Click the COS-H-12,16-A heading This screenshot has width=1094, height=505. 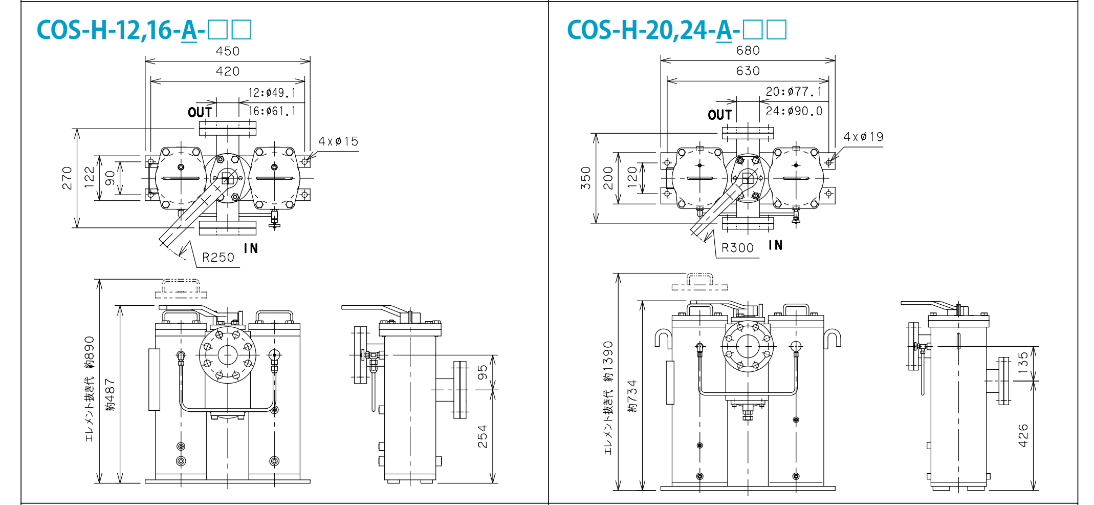[144, 30]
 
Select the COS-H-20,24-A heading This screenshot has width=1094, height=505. [676, 30]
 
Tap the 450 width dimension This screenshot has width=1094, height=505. [228, 51]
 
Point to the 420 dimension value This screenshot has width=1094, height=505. [228, 71]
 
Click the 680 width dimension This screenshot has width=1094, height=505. [748, 51]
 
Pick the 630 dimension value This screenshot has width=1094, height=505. [748, 71]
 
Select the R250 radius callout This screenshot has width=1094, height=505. [218, 257]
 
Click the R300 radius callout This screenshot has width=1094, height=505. [737, 248]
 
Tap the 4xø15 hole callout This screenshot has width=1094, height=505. [338, 141]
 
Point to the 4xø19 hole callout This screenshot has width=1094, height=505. [863, 137]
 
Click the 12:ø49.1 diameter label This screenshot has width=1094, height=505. [272, 93]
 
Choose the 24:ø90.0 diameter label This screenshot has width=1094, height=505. [794, 111]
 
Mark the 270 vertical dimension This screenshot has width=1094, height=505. [67, 178]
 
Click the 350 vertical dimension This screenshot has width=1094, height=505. [586, 178]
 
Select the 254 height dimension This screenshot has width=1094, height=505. [482, 436]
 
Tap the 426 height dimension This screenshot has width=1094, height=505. [1023, 435]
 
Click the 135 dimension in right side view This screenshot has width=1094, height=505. [1023, 363]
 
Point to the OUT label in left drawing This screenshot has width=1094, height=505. [200, 112]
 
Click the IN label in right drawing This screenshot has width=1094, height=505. [776, 245]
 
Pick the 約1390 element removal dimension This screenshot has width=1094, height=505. [608, 362]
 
